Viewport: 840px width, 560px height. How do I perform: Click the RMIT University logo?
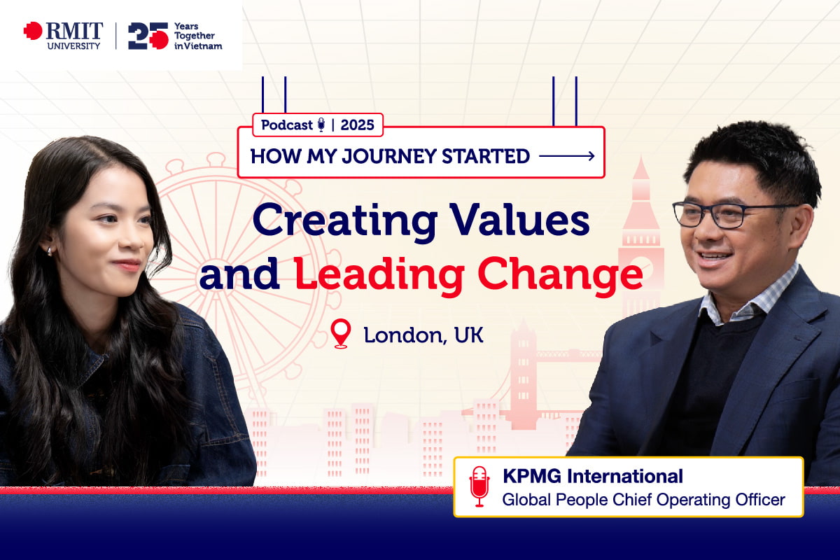click(63, 36)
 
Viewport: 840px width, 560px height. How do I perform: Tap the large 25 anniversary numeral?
click(148, 36)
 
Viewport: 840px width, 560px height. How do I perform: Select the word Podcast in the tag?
click(287, 125)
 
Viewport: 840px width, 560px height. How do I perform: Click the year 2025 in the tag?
click(357, 125)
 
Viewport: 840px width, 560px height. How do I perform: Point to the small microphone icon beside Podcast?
click(321, 125)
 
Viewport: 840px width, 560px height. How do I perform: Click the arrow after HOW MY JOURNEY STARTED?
click(567, 156)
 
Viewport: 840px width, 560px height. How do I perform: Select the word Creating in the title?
click(345, 221)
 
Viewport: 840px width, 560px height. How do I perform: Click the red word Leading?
click(379, 275)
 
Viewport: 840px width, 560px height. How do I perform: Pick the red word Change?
click(560, 275)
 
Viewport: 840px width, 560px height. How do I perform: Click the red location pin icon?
click(340, 333)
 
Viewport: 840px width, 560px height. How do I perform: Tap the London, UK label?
click(423, 335)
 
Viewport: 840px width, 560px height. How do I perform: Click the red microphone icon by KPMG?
click(479, 486)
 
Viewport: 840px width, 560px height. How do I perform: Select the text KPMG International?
click(593, 477)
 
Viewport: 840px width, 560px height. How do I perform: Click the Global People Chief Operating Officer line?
click(643, 500)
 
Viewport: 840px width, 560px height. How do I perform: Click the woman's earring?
click(50, 251)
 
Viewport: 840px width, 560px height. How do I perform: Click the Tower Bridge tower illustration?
click(523, 375)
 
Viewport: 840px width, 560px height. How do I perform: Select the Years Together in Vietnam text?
click(198, 36)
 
